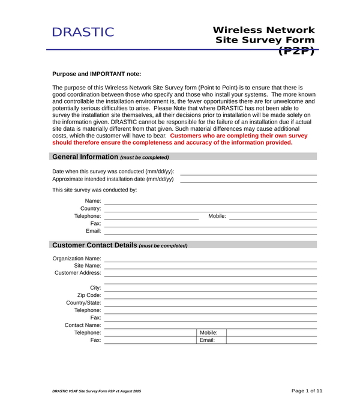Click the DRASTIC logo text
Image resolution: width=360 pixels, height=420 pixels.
pos(83,32)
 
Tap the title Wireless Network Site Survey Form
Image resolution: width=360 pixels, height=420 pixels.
pos(264,35)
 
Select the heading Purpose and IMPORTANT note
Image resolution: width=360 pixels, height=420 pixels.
pos(97,74)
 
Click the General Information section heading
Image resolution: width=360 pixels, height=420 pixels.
pos(85,157)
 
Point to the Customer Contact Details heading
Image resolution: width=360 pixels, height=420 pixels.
pos(95,245)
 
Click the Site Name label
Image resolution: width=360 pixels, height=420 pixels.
pos(88,265)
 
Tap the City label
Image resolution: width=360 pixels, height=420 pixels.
pos(95,288)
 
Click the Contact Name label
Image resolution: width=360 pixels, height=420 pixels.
pos(83,325)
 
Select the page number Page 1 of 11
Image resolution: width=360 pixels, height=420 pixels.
pos(307,391)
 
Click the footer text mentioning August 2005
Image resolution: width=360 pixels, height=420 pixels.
pos(97,391)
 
